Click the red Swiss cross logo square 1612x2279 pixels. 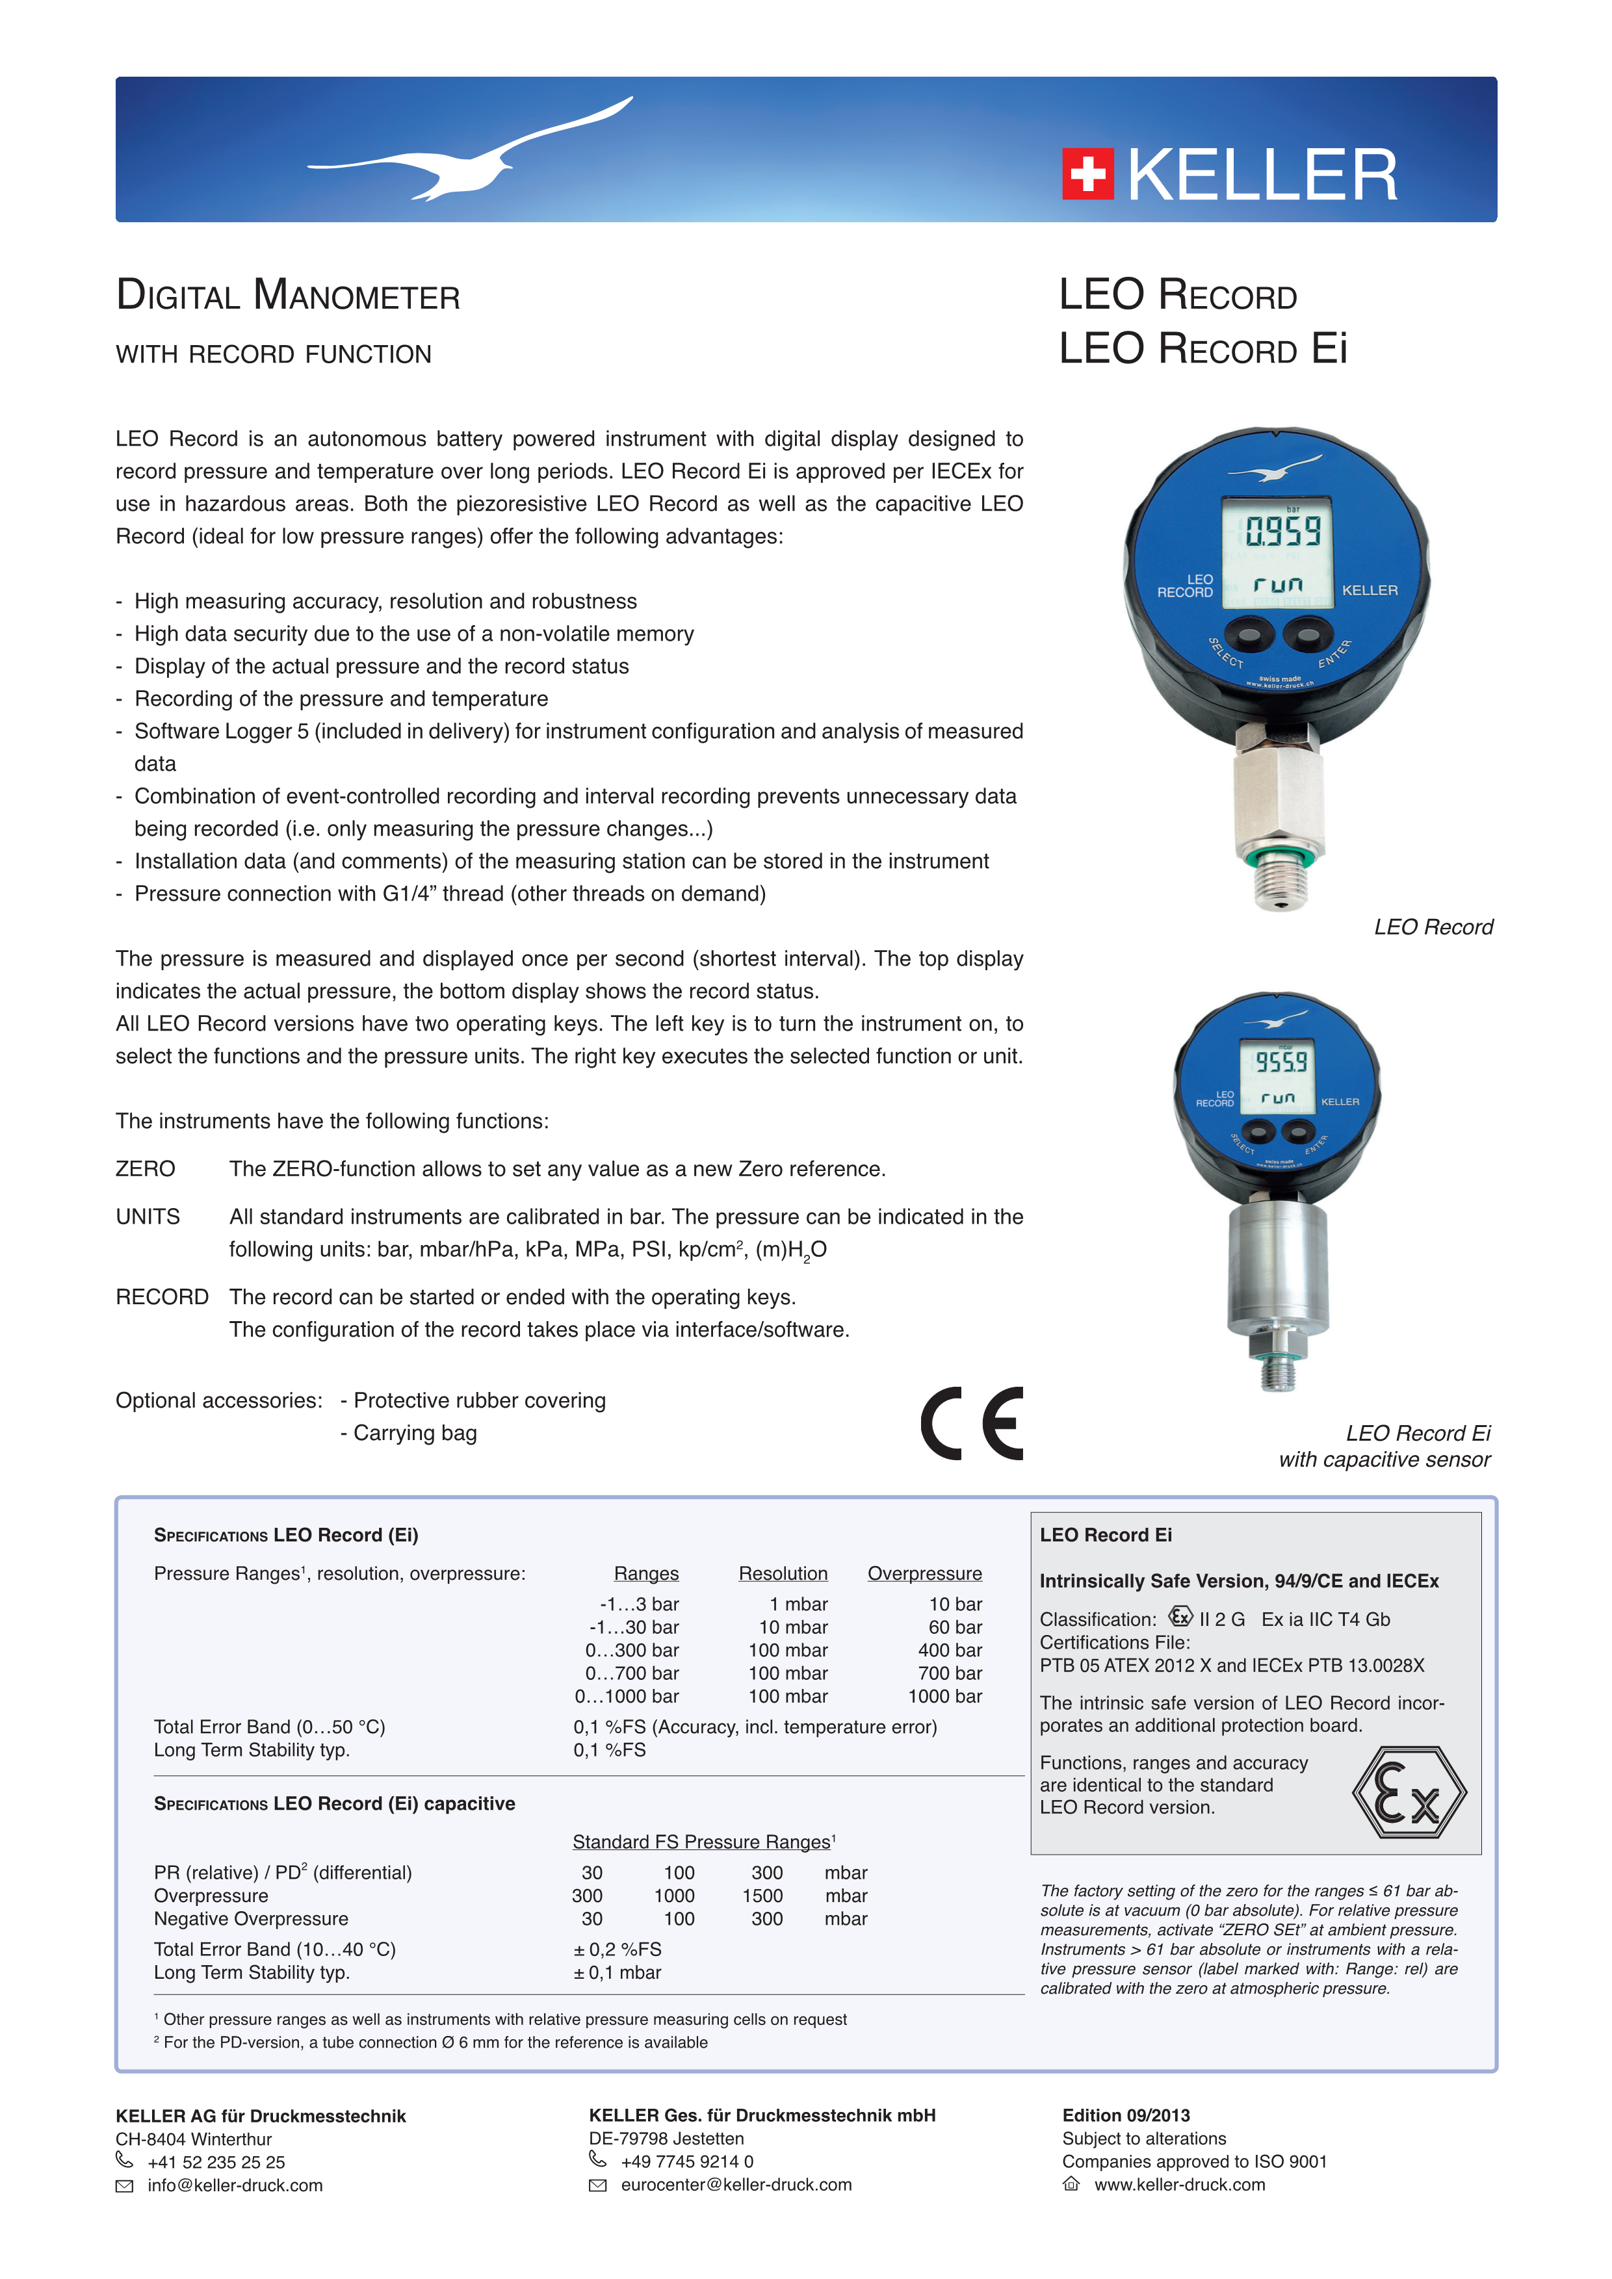(1088, 175)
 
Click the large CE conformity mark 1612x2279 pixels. (972, 1423)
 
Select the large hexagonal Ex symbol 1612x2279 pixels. (1409, 1793)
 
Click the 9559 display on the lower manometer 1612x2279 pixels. (1280, 1062)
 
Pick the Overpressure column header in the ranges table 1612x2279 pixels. (924, 1573)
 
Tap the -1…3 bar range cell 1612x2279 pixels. (639, 1604)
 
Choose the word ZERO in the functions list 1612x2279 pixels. (145, 1169)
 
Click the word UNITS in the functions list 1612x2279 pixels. (148, 1217)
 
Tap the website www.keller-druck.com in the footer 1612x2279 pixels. (1179, 2185)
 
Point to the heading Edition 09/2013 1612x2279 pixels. (1126, 2115)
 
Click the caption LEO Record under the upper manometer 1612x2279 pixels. (1433, 927)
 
